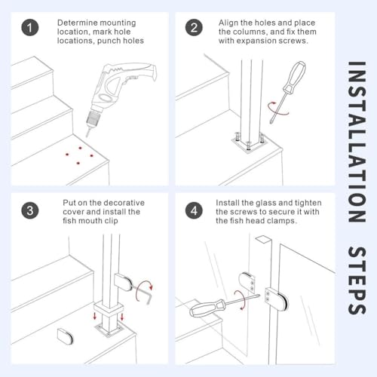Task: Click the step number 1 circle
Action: (29, 29)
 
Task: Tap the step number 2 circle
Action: (195, 29)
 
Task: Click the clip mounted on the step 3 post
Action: (124, 283)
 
